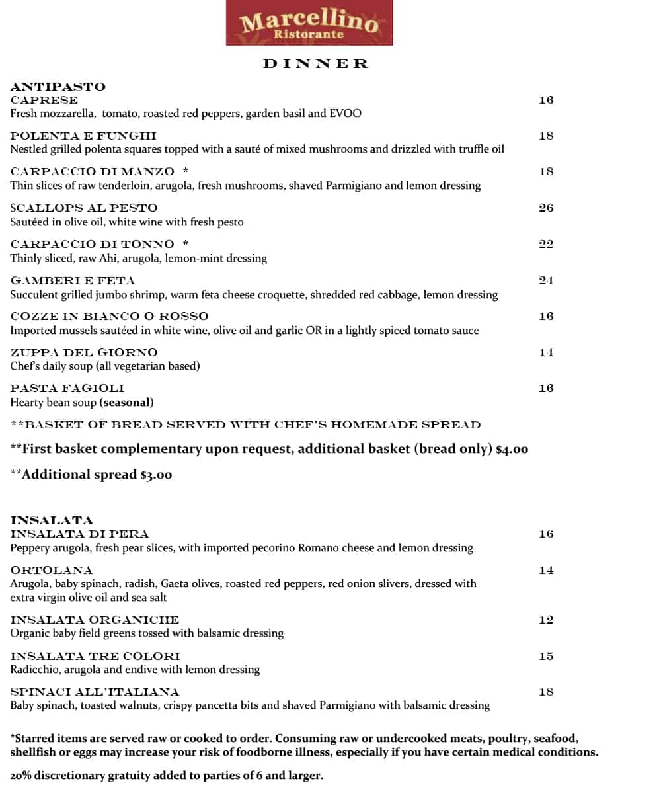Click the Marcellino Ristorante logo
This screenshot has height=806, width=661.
(x=309, y=23)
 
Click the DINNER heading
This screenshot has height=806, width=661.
(x=315, y=63)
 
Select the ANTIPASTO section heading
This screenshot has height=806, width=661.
(x=58, y=87)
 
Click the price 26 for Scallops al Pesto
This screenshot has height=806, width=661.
(x=546, y=208)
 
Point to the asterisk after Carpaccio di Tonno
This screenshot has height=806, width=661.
(x=186, y=244)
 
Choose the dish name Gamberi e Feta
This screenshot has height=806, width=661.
(x=73, y=280)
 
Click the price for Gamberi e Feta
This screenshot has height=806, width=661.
(x=546, y=280)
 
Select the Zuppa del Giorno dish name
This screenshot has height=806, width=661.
(x=84, y=352)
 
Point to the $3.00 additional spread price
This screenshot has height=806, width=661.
(x=156, y=475)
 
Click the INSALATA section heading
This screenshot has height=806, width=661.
(x=52, y=520)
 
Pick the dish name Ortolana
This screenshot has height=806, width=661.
(x=52, y=570)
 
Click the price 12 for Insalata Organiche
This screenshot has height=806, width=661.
(x=546, y=620)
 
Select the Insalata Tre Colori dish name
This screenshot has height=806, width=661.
(x=95, y=656)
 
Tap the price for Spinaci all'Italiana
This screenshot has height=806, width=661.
(x=546, y=692)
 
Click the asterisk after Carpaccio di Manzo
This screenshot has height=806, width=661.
(x=186, y=171)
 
